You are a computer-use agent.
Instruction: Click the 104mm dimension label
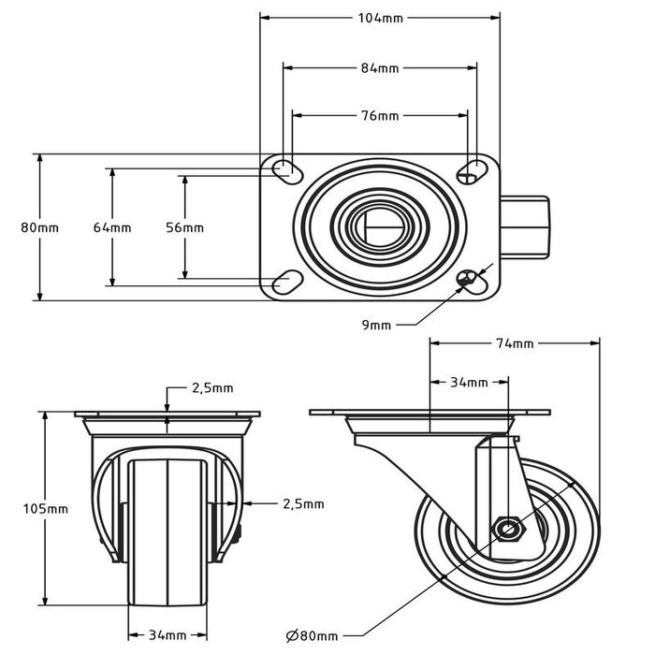[x=380, y=18]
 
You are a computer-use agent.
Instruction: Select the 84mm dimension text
[x=380, y=67]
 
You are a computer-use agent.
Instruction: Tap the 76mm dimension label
[x=380, y=116]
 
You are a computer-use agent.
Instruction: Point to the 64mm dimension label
[x=111, y=227]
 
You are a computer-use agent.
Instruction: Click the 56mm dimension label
[x=185, y=227]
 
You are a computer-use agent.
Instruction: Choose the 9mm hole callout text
[x=376, y=325]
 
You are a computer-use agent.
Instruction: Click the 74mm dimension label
[x=514, y=343]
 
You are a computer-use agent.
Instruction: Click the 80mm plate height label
[x=39, y=227]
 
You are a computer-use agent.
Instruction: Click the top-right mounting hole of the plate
[x=473, y=168]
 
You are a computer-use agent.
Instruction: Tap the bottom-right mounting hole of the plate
[x=472, y=278]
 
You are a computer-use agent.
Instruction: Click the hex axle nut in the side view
[x=508, y=530]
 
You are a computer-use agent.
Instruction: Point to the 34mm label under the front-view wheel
[x=167, y=637]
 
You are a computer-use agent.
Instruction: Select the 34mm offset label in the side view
[x=470, y=383]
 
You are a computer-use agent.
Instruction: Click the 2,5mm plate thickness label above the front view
[x=211, y=387]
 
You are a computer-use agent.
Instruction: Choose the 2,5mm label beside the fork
[x=303, y=503]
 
